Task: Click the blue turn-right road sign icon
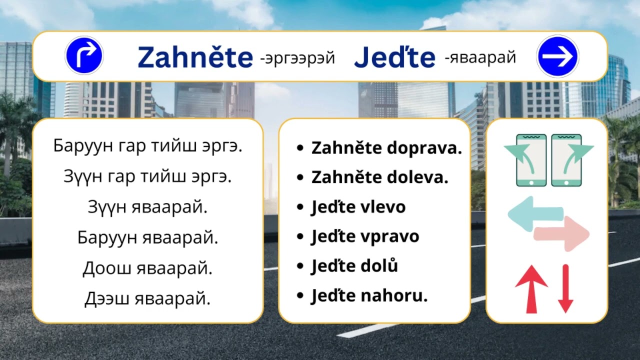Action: coord(84,55)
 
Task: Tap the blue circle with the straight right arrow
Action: coord(557,56)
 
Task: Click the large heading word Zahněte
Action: coord(195,57)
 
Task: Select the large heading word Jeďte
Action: coord(394,58)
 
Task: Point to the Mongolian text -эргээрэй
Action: coord(297,58)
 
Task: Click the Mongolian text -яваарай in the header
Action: coord(480,58)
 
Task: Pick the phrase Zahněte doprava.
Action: coord(386,148)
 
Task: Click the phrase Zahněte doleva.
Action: coord(379,177)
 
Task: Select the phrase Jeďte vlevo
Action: coord(358,207)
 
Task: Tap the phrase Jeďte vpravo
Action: coord(365,236)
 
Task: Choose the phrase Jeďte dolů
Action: coord(354,266)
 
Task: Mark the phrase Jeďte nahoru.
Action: coord(369,296)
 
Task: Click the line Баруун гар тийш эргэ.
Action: coord(147,146)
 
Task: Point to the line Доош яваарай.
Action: coord(147,268)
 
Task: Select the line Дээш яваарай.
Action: coord(147,299)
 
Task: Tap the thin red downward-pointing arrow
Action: coord(565,288)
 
